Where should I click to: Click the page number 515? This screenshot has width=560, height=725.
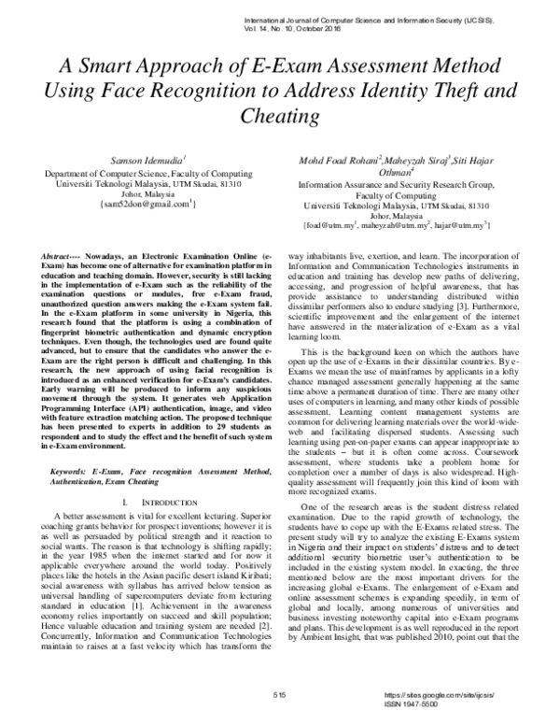[x=279, y=696]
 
